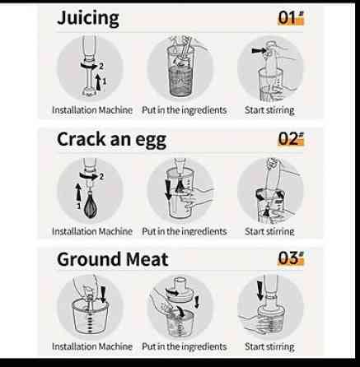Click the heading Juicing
tap(88, 18)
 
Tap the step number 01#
tap(291, 17)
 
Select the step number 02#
tap(291, 138)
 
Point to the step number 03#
tap(291, 258)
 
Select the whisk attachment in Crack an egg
tap(91, 205)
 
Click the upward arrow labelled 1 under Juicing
tap(99, 82)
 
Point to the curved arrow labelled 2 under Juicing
tap(88, 66)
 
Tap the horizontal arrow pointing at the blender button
tap(259, 50)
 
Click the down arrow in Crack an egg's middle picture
tap(168, 189)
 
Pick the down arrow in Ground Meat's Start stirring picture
tap(259, 290)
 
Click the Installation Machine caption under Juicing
tap(92, 110)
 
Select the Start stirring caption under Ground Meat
tap(269, 346)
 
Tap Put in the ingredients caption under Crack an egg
tap(185, 231)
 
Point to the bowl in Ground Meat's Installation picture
tap(90, 317)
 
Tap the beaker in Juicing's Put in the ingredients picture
tap(180, 72)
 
